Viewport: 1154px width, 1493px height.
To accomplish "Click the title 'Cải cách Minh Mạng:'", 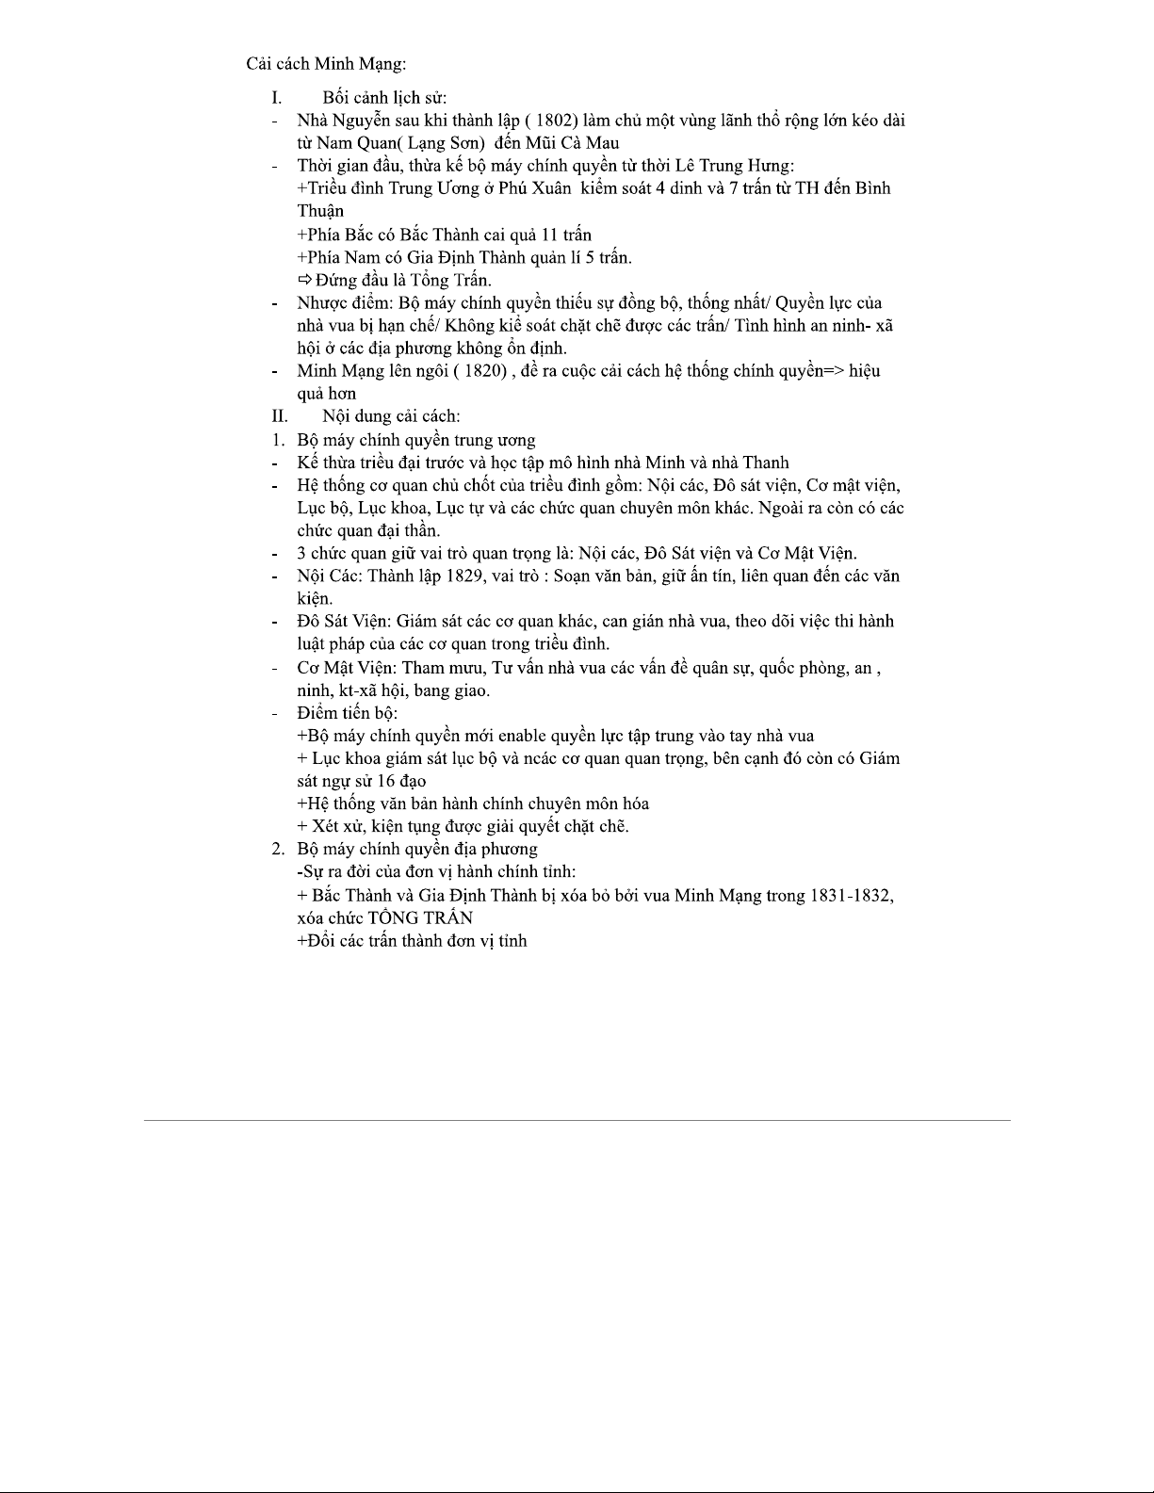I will pos(326,64).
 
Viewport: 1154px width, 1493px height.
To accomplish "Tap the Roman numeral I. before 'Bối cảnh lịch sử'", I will pos(276,98).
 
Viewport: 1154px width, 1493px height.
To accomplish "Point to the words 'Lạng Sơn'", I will pos(447,143).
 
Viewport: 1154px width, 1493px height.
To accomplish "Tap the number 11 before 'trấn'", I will pos(550,235).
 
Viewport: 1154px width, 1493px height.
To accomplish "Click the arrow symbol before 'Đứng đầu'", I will pos(304,280).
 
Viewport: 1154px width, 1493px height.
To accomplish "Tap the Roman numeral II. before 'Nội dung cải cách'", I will pos(280,416).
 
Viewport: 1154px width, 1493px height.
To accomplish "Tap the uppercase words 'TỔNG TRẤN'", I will pos(420,917).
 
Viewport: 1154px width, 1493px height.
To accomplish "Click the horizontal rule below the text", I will pos(577,1120).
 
